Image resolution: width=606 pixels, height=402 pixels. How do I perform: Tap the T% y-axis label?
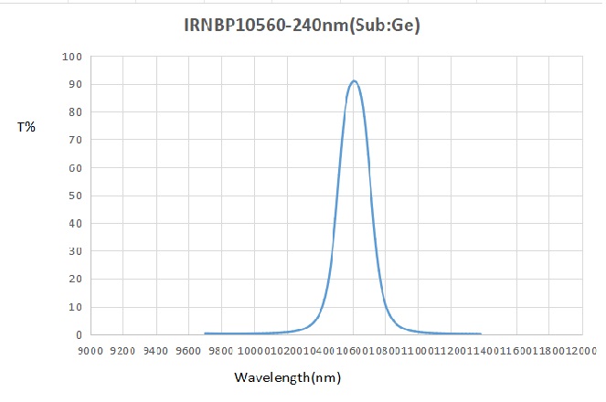point(27,127)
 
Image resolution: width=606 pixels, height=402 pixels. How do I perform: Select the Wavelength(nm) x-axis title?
point(288,377)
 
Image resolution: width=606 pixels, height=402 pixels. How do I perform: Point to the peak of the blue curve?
point(354,81)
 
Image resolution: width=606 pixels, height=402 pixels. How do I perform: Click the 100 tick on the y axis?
point(73,57)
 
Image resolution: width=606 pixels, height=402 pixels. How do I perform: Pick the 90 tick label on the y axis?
point(77,85)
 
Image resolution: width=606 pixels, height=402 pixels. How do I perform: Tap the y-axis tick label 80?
point(77,112)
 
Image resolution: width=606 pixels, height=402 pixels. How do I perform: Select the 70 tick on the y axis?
point(77,141)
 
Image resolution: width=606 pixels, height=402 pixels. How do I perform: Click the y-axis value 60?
point(77,168)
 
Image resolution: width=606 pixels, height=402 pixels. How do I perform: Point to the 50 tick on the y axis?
point(77,196)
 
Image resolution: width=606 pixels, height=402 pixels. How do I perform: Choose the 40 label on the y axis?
point(77,224)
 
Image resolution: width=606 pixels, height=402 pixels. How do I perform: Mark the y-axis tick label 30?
point(77,251)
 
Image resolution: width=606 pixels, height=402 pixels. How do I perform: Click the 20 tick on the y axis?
point(77,280)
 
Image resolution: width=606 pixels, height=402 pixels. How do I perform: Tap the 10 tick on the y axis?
point(77,307)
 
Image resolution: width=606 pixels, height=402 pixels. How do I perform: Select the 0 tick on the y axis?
point(80,335)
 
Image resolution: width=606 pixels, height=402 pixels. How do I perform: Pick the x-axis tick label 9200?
point(124,351)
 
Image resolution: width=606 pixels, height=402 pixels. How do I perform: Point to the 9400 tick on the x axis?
point(157,351)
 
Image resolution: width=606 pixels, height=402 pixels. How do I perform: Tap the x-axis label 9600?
point(189,351)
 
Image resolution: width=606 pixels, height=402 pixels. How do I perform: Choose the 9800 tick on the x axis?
point(222,351)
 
